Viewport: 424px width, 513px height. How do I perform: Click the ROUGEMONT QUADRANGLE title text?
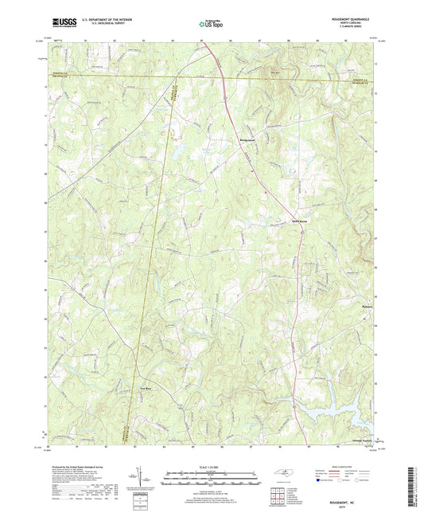click(351, 18)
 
